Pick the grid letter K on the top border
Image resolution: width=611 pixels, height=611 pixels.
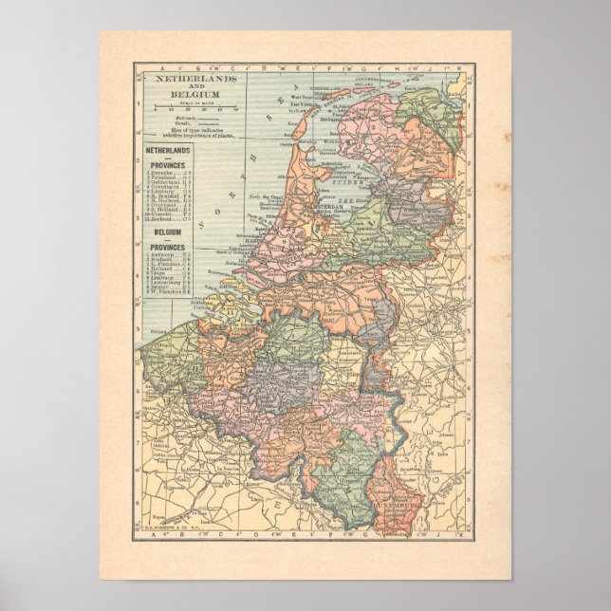tap(459, 68)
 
